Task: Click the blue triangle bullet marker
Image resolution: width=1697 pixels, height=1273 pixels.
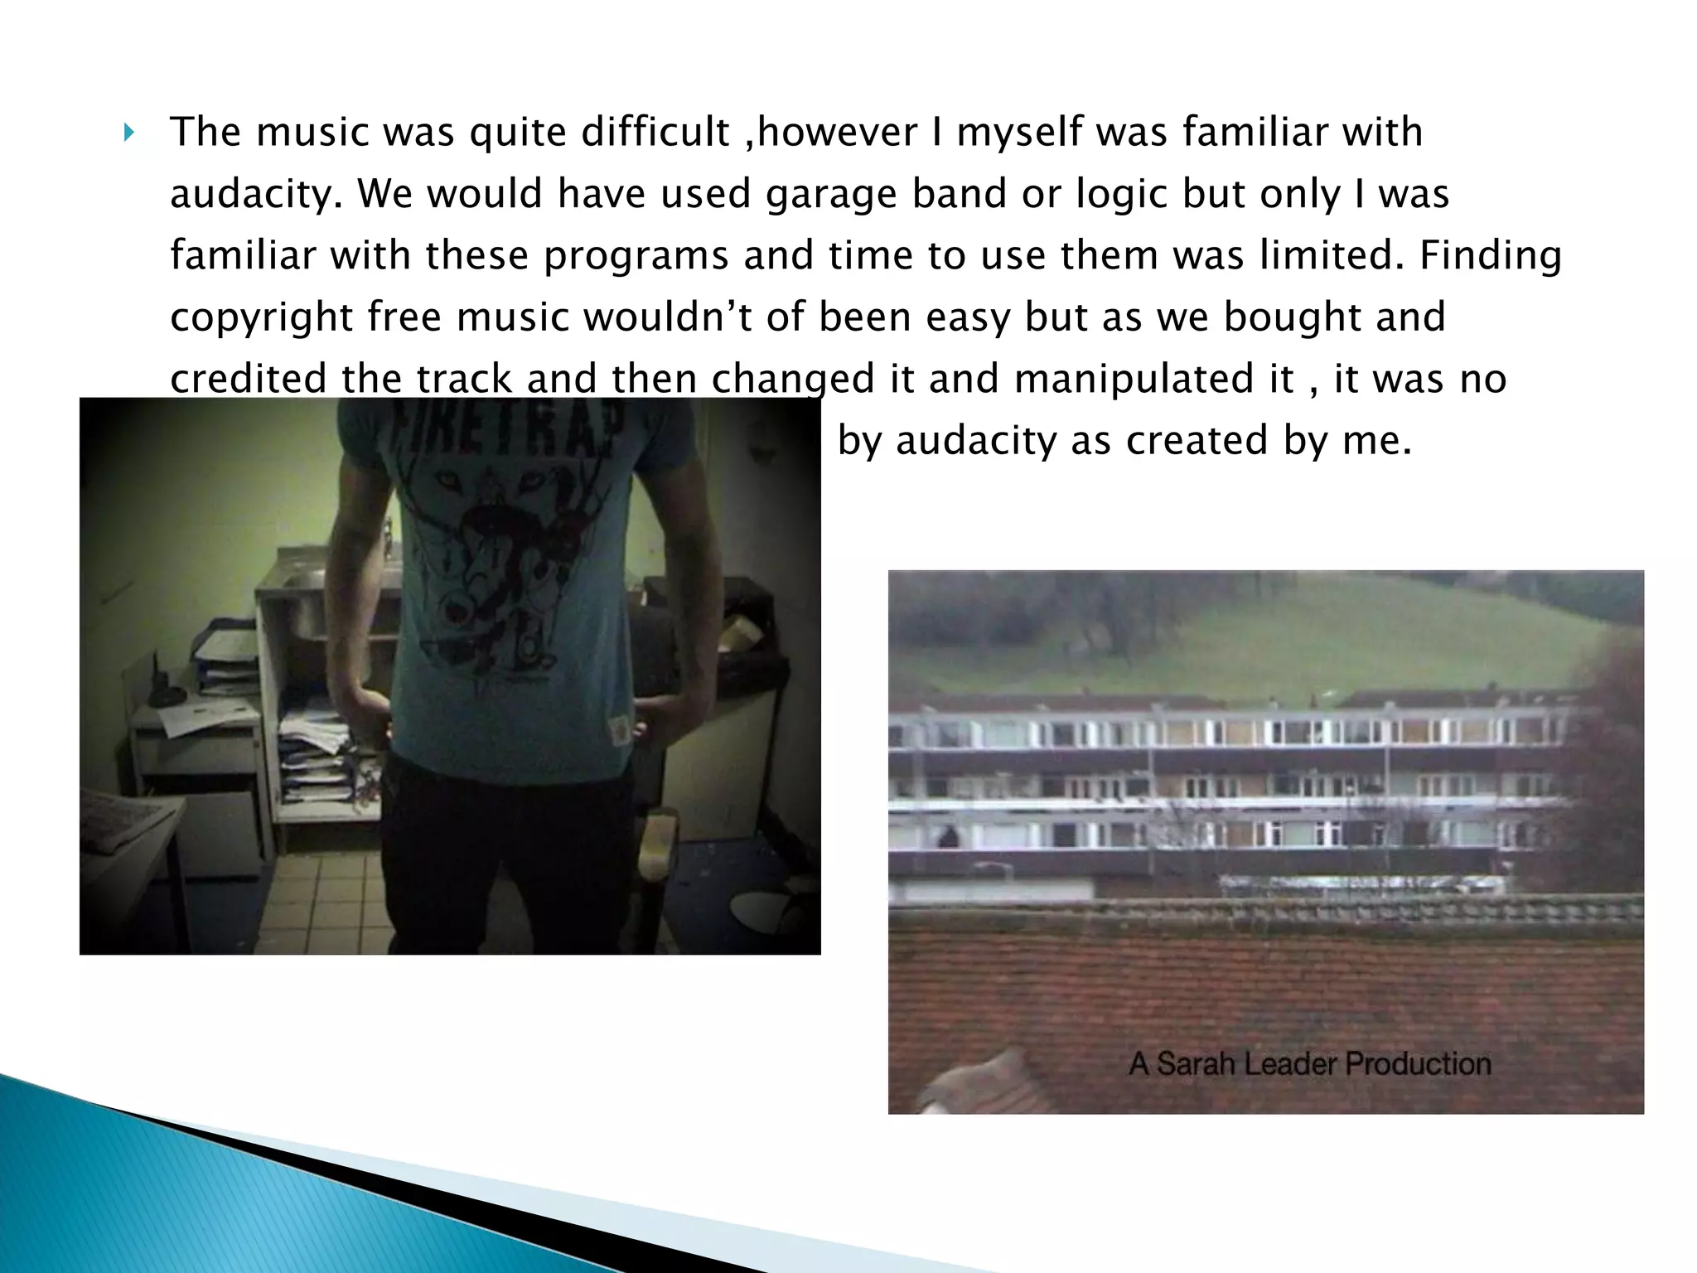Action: [128, 132]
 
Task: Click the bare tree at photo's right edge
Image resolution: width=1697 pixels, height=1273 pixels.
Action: [1612, 746]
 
